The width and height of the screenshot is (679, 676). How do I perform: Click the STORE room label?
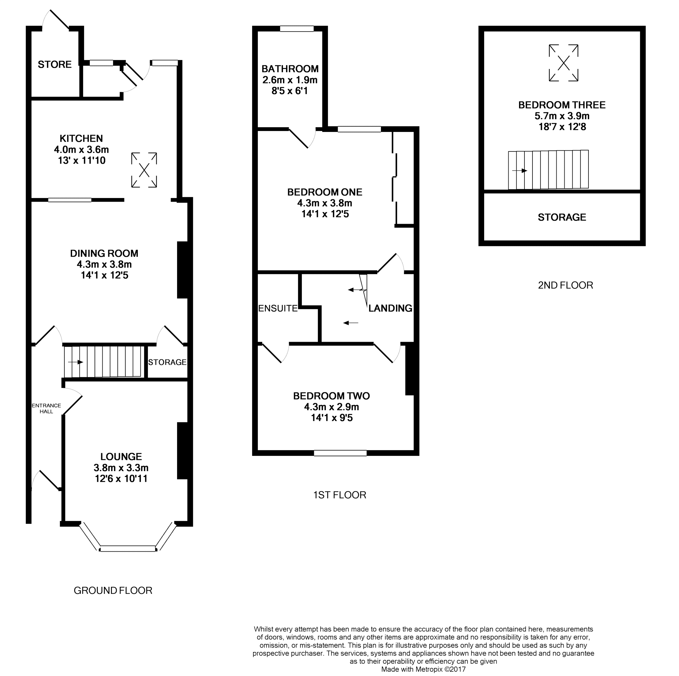point(54,64)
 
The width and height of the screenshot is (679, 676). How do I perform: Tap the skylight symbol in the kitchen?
point(144,170)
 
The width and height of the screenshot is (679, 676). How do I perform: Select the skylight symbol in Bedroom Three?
point(563,63)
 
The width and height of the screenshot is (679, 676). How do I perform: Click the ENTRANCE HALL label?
point(46,408)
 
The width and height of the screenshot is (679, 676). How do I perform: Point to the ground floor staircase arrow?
point(75,362)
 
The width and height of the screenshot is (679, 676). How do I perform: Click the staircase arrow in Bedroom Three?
point(520,171)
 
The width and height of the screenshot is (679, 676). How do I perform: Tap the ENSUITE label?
point(278,308)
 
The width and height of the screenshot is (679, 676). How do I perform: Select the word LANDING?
point(390,308)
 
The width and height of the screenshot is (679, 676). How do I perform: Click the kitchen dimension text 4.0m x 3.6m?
point(81,150)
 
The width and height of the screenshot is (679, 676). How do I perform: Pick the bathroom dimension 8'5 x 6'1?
point(290,91)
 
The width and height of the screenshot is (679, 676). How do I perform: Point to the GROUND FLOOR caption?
point(113,590)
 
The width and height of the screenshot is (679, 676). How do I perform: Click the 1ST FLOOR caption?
point(339,495)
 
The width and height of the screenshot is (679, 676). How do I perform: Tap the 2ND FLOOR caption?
point(565,285)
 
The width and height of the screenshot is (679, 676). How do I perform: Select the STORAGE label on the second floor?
point(562,217)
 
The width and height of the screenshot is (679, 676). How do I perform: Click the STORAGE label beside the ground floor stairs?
point(167,362)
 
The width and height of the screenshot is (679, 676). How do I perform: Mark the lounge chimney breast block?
point(182,451)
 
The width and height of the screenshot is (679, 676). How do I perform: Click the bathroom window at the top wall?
point(297,29)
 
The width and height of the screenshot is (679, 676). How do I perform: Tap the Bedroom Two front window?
point(340,453)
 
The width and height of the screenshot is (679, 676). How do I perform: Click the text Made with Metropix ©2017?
point(423,669)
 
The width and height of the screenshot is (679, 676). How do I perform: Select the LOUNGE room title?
point(121,457)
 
